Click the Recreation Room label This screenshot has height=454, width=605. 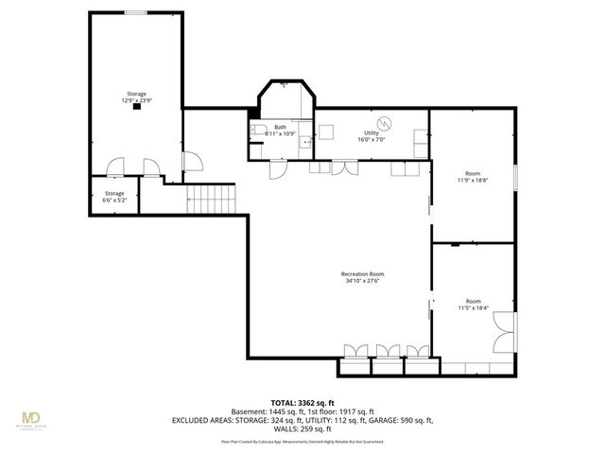point(362,274)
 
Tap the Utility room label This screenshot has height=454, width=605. point(372,133)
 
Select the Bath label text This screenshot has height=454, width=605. point(280,127)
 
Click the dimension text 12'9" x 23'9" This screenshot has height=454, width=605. point(138,100)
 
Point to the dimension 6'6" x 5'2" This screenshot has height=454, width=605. point(113,200)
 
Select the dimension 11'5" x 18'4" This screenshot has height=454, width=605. point(473,307)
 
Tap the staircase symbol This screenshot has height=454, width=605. point(210,199)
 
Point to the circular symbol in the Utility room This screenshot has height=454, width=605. point(385,123)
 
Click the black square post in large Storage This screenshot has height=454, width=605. point(138,108)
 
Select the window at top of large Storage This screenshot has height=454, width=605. point(136,13)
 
